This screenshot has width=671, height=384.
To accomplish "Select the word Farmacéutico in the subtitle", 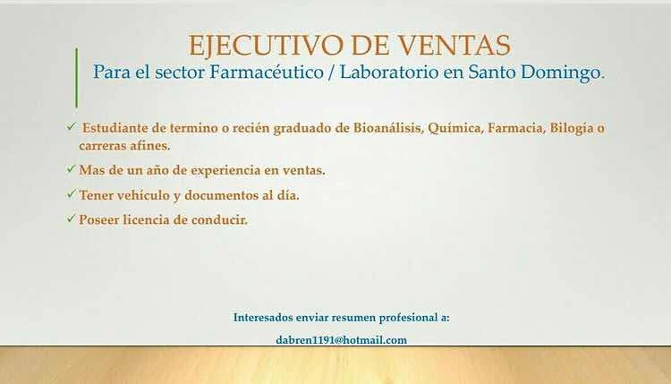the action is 267,72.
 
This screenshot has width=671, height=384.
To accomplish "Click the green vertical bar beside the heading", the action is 77,78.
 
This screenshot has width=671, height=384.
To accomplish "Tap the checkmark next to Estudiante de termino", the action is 71,127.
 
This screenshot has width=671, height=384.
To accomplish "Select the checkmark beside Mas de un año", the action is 71,168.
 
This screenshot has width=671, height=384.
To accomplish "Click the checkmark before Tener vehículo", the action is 71,194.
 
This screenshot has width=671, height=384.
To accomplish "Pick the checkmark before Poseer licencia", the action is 71,218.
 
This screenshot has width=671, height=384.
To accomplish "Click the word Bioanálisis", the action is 388,128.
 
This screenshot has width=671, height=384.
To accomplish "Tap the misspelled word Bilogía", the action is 572,128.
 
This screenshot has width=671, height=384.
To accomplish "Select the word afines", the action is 150,146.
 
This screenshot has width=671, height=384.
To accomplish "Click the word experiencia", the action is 225,171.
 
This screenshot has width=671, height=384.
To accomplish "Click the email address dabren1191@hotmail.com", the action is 342,340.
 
